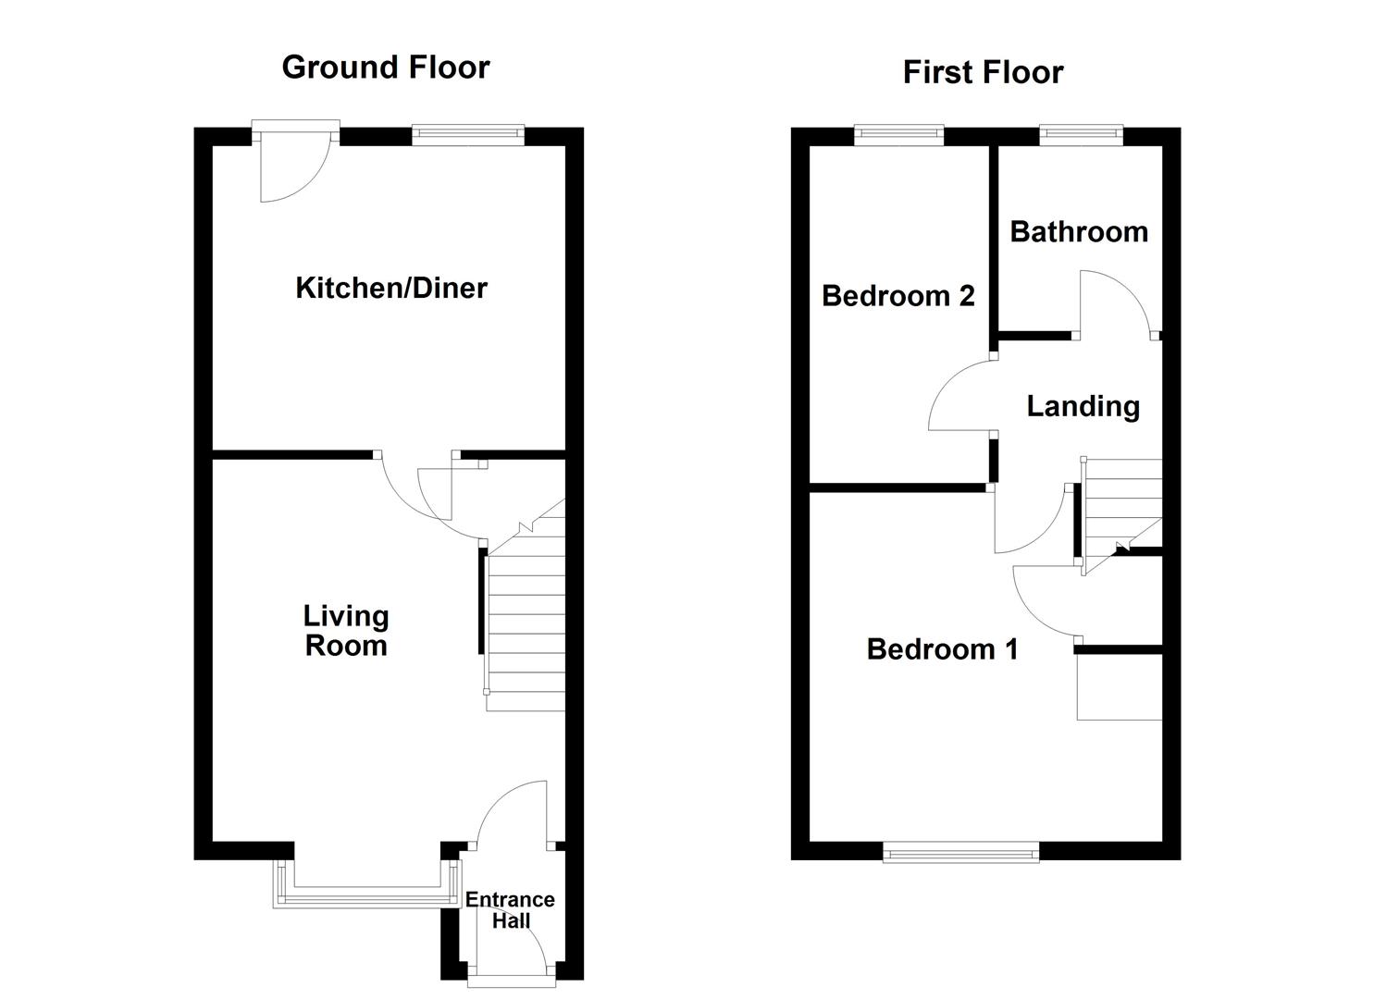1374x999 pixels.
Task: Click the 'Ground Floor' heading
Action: (385, 68)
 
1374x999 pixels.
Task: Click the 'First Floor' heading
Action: (983, 72)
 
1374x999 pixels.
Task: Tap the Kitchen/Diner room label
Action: (390, 288)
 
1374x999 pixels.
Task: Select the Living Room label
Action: (346, 630)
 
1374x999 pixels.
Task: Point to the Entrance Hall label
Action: (510, 910)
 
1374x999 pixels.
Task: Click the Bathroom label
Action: (1079, 231)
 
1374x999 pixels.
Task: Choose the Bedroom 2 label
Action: (897, 296)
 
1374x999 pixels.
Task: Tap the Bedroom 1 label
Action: (942, 649)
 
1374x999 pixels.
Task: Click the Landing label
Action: (1083, 406)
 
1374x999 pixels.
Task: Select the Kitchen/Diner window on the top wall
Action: (467, 135)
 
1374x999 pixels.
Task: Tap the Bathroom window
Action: (1081, 136)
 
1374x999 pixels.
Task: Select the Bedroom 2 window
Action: (898, 136)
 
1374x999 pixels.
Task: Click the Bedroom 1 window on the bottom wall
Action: (960, 853)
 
